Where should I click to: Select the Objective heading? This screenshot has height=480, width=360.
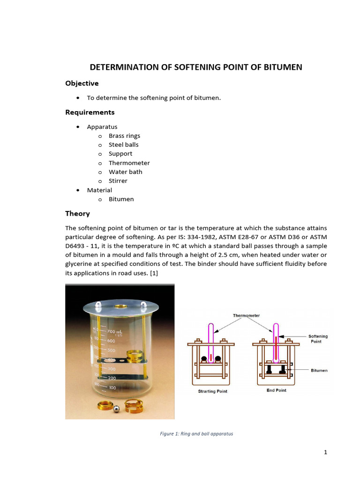82,83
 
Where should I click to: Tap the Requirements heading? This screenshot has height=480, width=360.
90,112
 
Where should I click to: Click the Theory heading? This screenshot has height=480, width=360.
77,214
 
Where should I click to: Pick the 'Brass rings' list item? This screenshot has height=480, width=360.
124,136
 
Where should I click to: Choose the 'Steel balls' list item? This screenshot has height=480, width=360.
123,145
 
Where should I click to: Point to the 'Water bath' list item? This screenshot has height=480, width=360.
125,172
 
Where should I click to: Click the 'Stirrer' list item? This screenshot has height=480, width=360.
118,181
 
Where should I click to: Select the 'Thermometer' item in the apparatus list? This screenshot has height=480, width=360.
129,163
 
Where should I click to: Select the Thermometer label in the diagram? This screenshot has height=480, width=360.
246,315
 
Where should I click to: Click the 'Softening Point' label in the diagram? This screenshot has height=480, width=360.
318,339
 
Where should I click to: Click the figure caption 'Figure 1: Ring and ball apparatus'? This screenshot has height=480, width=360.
196,434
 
